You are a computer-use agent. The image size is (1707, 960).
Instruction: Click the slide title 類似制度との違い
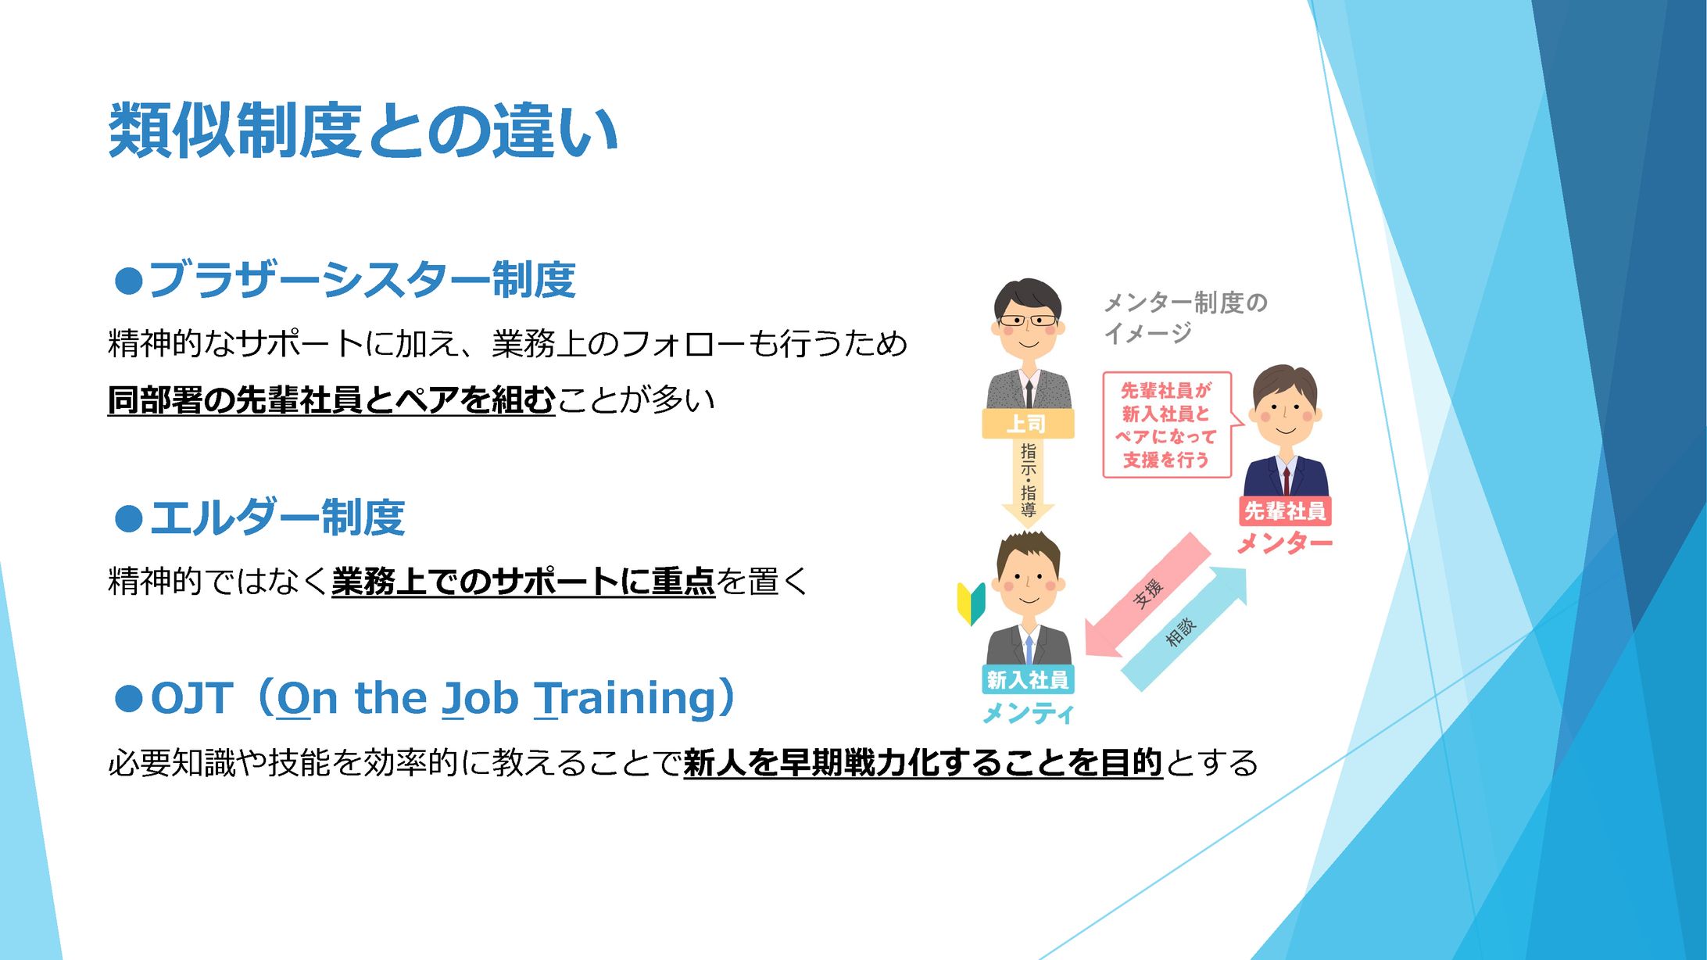pyautogui.click(x=363, y=131)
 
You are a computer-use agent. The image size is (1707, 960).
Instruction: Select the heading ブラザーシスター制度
pyautogui.click(x=362, y=279)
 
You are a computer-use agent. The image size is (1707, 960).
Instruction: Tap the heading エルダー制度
pyautogui.click(x=277, y=517)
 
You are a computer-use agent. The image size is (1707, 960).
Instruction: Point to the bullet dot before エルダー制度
pyautogui.click(x=128, y=518)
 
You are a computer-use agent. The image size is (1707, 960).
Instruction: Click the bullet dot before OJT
pyautogui.click(x=128, y=698)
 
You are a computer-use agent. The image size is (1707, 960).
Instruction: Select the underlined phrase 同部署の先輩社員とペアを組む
pyautogui.click(x=331, y=400)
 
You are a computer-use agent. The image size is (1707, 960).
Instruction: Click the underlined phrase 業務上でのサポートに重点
pyautogui.click(x=523, y=582)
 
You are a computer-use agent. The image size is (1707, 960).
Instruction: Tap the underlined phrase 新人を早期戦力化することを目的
pyautogui.click(x=923, y=763)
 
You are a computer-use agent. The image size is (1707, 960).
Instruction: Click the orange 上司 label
pyautogui.click(x=1028, y=424)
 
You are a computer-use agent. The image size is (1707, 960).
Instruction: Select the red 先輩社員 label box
pyautogui.click(x=1285, y=511)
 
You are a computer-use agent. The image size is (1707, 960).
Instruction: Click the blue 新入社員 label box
pyautogui.click(x=1028, y=679)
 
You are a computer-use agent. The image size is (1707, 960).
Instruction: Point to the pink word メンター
pyautogui.click(x=1285, y=543)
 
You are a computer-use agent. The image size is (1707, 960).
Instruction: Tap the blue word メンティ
pyautogui.click(x=1028, y=712)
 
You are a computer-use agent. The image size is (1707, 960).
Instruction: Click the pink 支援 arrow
pyautogui.click(x=1147, y=595)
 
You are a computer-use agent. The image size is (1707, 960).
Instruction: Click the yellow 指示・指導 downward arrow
pyautogui.click(x=1028, y=480)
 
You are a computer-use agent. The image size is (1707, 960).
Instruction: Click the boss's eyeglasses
pyautogui.click(x=1028, y=321)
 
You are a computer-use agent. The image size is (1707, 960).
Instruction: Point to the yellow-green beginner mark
pyautogui.click(x=972, y=603)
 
